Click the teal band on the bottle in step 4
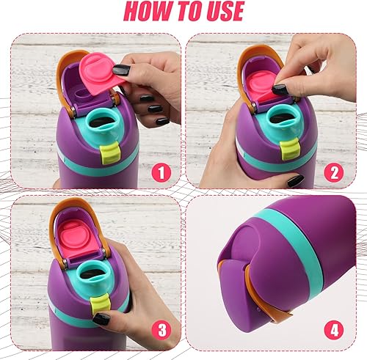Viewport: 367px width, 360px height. (294, 242)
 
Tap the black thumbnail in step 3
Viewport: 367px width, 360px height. (101, 318)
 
